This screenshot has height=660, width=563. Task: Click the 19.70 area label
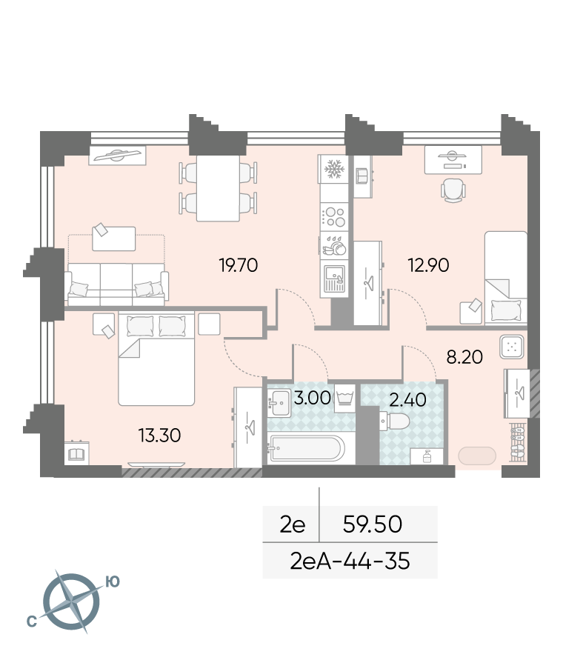[x=239, y=265]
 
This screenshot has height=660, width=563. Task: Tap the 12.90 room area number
[x=428, y=265]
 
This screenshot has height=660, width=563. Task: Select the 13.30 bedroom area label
[x=159, y=436]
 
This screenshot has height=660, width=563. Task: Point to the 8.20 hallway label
[x=464, y=357]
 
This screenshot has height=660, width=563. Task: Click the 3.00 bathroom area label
[x=312, y=398]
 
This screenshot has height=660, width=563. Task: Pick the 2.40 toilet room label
[x=407, y=399]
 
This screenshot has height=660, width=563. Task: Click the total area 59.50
[x=372, y=524]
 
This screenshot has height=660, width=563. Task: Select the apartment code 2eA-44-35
[x=350, y=561]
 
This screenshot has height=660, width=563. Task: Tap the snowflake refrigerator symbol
[x=334, y=169]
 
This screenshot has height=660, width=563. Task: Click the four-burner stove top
[x=334, y=217]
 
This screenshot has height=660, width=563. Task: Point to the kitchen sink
[x=334, y=279]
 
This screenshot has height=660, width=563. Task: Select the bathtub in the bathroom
[x=307, y=448]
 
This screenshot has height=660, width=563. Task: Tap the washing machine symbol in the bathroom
[x=345, y=398]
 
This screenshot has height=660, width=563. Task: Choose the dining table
[x=218, y=188]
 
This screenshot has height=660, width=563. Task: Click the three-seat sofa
[x=116, y=284]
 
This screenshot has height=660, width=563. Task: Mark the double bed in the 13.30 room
[x=156, y=359]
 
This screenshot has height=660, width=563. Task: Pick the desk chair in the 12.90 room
[x=453, y=190]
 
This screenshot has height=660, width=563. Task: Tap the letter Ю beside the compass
[x=112, y=582]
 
